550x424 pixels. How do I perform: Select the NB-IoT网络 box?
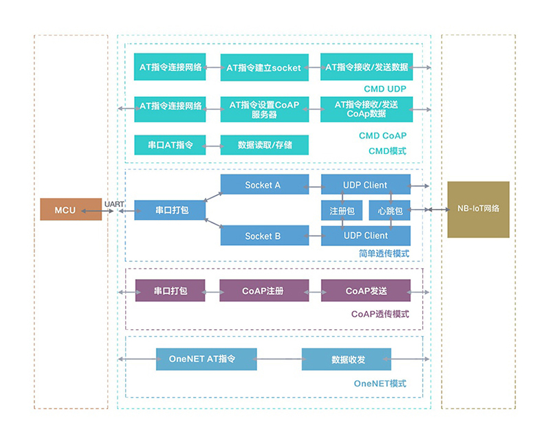point(478,209)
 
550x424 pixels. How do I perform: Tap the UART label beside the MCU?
point(114,204)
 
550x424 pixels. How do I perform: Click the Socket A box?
point(263,185)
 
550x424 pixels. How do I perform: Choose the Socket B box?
point(263,236)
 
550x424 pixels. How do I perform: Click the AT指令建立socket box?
point(264,67)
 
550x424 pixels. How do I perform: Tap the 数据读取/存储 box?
point(264,145)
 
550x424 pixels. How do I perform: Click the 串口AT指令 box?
point(170,145)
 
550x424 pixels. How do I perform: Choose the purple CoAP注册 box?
point(263,291)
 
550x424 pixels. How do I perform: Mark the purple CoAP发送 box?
point(366,291)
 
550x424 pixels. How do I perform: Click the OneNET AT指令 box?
point(206,359)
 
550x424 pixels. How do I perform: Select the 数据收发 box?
point(346,359)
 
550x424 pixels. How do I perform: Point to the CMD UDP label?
point(385,89)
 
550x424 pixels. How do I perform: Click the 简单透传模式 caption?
point(383,254)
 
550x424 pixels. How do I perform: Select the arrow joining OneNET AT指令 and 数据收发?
point(279,359)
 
